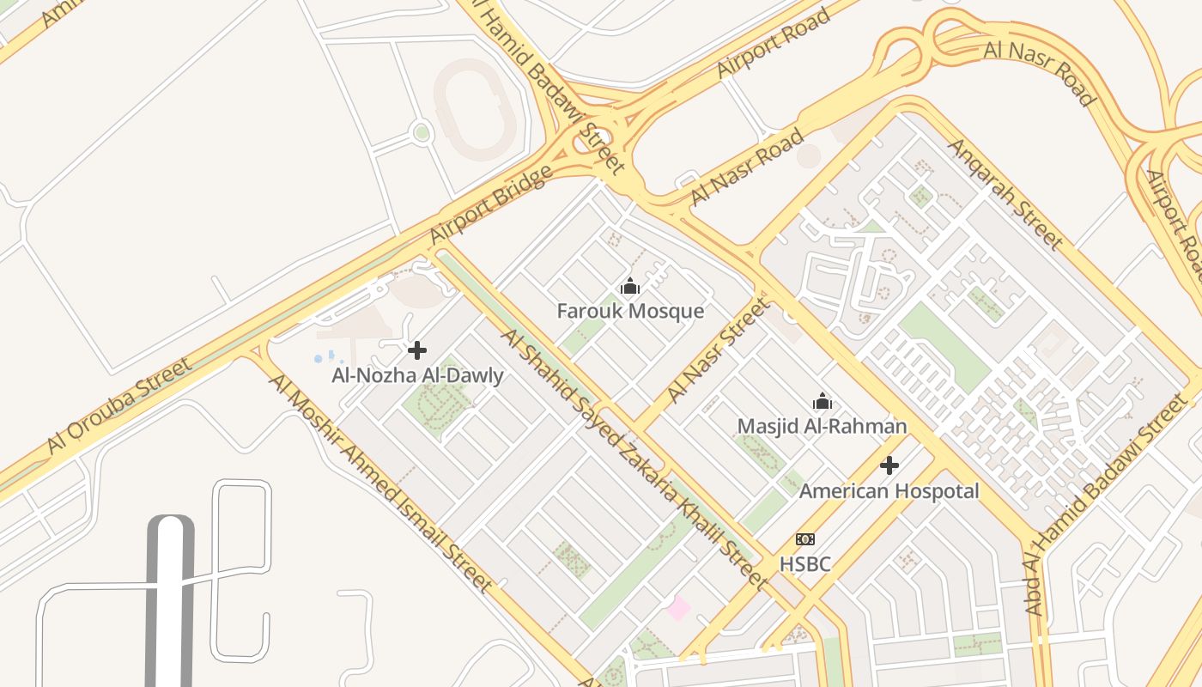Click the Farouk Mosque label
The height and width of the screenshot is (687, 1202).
pos(630,311)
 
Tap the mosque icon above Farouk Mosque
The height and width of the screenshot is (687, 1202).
pos(630,287)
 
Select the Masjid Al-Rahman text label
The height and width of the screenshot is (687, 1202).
pos(822,426)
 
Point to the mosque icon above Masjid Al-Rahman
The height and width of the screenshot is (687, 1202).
pos(822,401)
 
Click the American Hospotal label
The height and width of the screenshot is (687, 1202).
pos(889,491)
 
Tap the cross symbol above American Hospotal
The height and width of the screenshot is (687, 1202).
pos(889,465)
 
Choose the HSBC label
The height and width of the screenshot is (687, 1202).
pos(804,564)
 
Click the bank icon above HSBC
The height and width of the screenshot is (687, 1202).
pos(804,539)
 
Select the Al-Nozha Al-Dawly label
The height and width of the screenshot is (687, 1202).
pos(417,375)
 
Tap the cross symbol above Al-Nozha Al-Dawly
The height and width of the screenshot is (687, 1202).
pos(417,350)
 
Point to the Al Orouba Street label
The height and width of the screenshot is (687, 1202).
pos(119,405)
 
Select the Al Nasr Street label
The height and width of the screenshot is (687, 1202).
pos(718,350)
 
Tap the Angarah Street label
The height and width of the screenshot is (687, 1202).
pos(1005,192)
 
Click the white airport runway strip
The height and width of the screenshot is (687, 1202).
pos(170,601)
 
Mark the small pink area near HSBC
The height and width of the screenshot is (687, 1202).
pos(678,608)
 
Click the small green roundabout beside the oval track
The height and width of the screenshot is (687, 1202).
pos(421,133)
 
